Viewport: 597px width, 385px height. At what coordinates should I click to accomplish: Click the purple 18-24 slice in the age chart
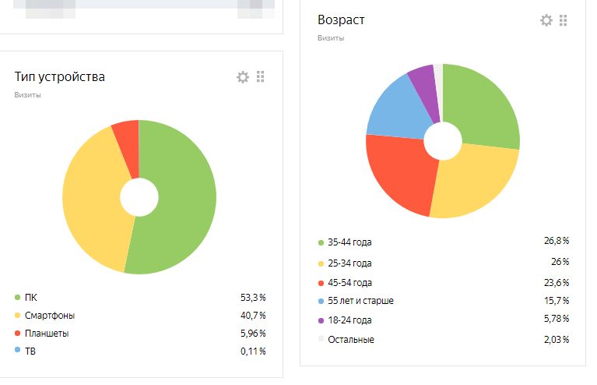[423, 82]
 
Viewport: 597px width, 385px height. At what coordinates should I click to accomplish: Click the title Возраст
[341, 19]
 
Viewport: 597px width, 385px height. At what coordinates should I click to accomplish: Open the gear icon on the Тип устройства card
[243, 76]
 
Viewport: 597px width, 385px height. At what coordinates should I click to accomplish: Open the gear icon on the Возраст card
[546, 20]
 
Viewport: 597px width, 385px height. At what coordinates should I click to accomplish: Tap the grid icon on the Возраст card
[564, 20]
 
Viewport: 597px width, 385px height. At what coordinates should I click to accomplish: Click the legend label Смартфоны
[50, 316]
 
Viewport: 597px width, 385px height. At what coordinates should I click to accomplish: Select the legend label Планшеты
[47, 334]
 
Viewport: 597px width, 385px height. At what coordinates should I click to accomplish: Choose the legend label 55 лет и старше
[361, 301]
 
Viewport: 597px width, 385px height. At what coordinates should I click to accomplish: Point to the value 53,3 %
[253, 297]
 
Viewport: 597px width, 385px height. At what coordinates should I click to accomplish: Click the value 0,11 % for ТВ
[253, 351]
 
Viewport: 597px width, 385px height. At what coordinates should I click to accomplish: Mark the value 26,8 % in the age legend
[556, 241]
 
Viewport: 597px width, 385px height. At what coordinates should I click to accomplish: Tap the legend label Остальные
[351, 340]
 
